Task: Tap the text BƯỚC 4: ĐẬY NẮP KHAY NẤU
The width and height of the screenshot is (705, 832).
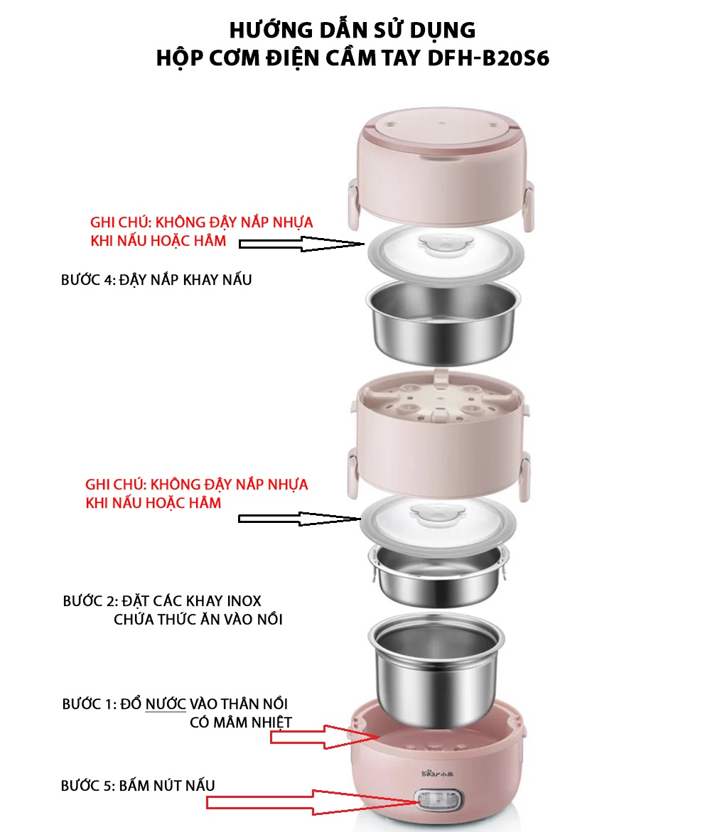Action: (x=156, y=279)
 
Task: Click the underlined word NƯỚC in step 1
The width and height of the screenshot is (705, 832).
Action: (x=166, y=704)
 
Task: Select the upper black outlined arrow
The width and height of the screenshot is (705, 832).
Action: (x=299, y=244)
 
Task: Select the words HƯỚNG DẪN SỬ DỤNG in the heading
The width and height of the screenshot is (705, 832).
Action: (x=352, y=30)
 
